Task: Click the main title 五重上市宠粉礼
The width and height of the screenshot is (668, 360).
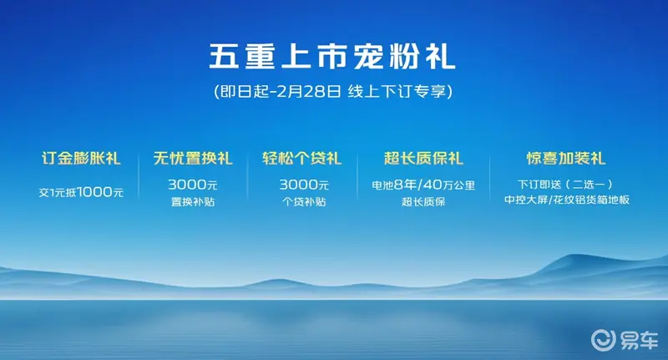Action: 331,56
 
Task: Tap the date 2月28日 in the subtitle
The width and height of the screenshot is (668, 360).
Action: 309,92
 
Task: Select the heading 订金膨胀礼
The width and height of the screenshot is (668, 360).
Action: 81,159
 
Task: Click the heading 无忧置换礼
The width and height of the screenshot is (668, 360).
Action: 193,159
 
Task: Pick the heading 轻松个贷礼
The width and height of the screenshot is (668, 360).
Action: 301,159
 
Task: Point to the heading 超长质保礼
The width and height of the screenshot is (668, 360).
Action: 423,159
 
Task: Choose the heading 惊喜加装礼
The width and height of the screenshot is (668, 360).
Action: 566,159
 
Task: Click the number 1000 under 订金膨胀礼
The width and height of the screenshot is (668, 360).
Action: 94,192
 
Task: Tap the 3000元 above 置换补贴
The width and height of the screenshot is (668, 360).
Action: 193,185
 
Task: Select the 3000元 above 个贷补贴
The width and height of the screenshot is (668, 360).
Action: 304,185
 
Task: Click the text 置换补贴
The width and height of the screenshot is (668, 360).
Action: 193,202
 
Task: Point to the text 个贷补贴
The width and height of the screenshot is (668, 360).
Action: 304,202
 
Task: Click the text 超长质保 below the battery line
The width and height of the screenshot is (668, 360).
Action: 423,202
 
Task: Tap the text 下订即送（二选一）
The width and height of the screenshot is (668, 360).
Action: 566,185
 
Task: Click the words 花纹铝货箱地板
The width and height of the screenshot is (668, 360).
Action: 591,200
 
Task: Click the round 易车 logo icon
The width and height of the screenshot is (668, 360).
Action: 603,340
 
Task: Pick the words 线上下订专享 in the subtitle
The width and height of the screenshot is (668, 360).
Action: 397,92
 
